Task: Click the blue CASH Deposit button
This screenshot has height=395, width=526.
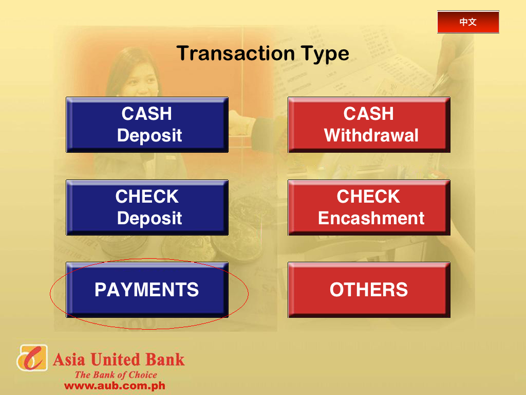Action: pyautogui.click(x=147, y=124)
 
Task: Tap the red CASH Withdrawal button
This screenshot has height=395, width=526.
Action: pyautogui.click(x=369, y=124)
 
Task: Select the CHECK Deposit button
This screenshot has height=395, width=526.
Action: pyautogui.click(x=147, y=207)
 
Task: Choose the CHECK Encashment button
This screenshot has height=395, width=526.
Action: pyautogui.click(x=369, y=207)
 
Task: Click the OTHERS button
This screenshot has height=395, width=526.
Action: pyautogui.click(x=369, y=290)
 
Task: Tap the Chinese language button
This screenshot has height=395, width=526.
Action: pyautogui.click(x=468, y=22)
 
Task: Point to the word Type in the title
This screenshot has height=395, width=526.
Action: pyautogui.click(x=325, y=53)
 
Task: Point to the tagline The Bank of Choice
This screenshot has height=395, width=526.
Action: pyautogui.click(x=116, y=375)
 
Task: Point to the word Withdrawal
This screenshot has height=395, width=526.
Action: pyautogui.click(x=371, y=136)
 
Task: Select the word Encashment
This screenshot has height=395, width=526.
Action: pyautogui.click(x=371, y=219)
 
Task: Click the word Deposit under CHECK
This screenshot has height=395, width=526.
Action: pyautogui.click(x=149, y=219)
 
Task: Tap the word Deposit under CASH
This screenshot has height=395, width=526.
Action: pyautogui.click(x=149, y=136)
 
